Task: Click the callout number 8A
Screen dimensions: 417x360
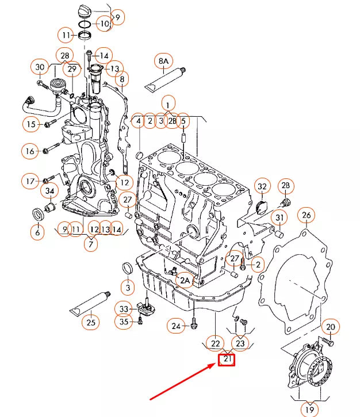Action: click(x=164, y=60)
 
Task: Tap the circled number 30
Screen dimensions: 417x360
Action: click(x=40, y=67)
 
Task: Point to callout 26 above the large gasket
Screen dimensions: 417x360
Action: click(x=307, y=216)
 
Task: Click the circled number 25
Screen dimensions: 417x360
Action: click(x=90, y=322)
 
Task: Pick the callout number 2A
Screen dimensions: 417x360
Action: click(x=184, y=280)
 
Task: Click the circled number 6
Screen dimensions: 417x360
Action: click(x=37, y=232)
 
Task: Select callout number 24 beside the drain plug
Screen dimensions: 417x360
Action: click(x=177, y=326)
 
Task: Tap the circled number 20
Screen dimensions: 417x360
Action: click(x=330, y=327)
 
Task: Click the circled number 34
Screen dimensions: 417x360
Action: click(x=50, y=191)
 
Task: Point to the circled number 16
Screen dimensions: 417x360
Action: click(x=30, y=151)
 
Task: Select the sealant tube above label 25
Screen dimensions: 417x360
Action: click(x=89, y=303)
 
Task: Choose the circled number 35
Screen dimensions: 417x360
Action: click(x=124, y=322)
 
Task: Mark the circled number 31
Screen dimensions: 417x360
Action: click(x=279, y=219)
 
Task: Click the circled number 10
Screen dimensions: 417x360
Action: click(x=104, y=24)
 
